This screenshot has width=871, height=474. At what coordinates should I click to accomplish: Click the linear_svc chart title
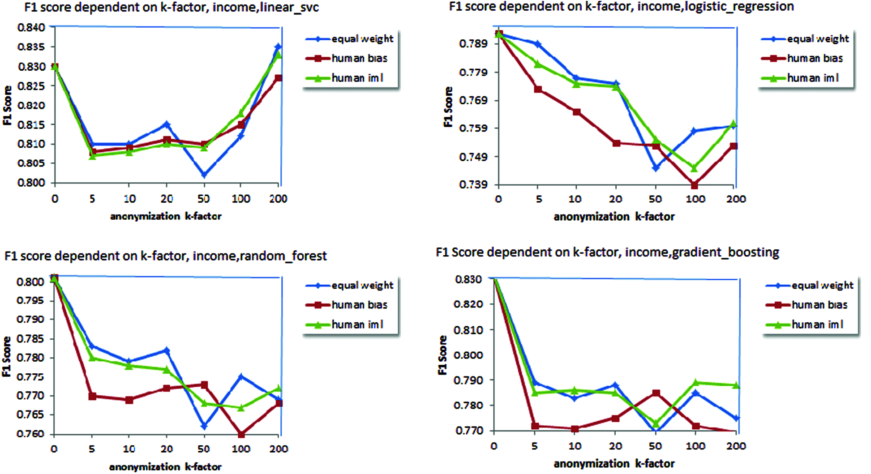[172, 8]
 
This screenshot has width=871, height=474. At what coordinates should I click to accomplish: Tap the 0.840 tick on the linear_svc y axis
[31, 28]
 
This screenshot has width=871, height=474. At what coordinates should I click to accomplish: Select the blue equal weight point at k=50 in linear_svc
[204, 175]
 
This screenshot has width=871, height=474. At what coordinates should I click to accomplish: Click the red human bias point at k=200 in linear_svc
[279, 78]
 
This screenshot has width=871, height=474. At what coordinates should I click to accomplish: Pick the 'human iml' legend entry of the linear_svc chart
[357, 78]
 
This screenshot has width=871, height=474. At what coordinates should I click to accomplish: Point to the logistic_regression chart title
[621, 7]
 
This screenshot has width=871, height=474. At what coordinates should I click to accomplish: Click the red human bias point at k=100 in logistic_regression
[695, 185]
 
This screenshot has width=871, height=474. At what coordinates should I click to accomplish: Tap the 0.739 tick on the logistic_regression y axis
[473, 185]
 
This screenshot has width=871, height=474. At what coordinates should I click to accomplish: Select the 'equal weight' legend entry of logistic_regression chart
[817, 39]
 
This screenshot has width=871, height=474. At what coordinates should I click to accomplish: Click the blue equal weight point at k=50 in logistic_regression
[656, 168]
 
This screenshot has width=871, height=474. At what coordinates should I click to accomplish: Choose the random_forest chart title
[166, 256]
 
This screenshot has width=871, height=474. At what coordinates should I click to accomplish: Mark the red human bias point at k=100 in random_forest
[241, 434]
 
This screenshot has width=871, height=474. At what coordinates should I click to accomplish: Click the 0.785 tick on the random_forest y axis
[30, 339]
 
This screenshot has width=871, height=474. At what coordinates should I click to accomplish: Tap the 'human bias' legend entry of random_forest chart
[359, 305]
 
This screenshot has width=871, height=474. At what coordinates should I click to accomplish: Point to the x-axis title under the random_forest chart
[165, 467]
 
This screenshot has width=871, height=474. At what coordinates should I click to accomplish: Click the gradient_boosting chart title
[607, 252]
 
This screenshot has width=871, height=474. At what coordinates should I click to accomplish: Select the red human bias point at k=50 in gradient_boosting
[656, 393]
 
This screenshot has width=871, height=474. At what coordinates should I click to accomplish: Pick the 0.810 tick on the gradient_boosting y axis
[468, 330]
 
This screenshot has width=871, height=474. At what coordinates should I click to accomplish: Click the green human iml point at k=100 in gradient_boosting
[695, 383]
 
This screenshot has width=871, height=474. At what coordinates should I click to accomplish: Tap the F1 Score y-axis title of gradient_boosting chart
[442, 355]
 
